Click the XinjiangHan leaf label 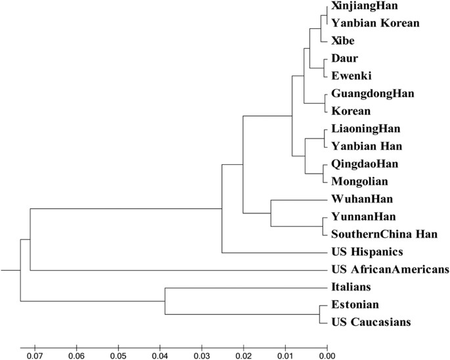click(364, 7)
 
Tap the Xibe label click(344, 41)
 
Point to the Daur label click(345, 58)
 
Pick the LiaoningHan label click(366, 128)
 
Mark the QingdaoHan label click(365, 164)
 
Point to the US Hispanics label click(366, 252)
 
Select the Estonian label click(355, 305)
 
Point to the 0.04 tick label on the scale click(160, 355)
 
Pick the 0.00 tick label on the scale click(326, 355)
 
